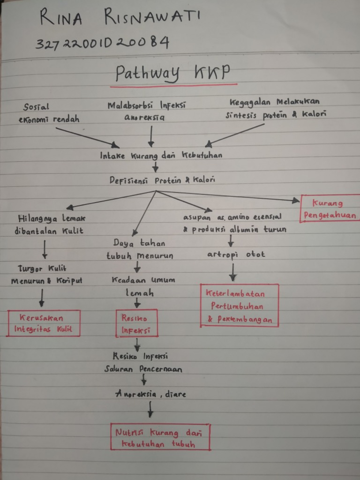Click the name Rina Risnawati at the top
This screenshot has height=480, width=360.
[120, 19]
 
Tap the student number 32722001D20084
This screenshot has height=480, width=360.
[102, 43]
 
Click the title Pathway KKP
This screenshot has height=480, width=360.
[172, 74]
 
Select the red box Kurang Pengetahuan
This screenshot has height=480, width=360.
[330, 209]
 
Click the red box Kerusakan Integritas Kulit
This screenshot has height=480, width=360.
[44, 323]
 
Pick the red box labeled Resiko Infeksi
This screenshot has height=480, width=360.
[136, 323]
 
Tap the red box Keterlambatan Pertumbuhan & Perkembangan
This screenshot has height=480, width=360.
[239, 306]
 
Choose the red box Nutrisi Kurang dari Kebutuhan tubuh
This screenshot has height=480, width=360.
[160, 438]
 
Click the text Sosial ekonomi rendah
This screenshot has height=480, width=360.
[48, 113]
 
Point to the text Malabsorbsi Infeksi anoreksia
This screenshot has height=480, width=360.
[146, 111]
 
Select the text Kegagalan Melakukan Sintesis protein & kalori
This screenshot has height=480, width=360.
[275, 108]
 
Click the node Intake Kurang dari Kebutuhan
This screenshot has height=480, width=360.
[161, 156]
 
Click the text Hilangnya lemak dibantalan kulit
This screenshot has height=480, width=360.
[51, 224]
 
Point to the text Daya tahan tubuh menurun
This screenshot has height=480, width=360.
[139, 249]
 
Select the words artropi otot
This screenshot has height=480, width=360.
[236, 255]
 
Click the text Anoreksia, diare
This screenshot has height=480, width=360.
[150, 394]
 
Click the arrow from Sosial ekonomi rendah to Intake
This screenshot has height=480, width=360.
[87, 137]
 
